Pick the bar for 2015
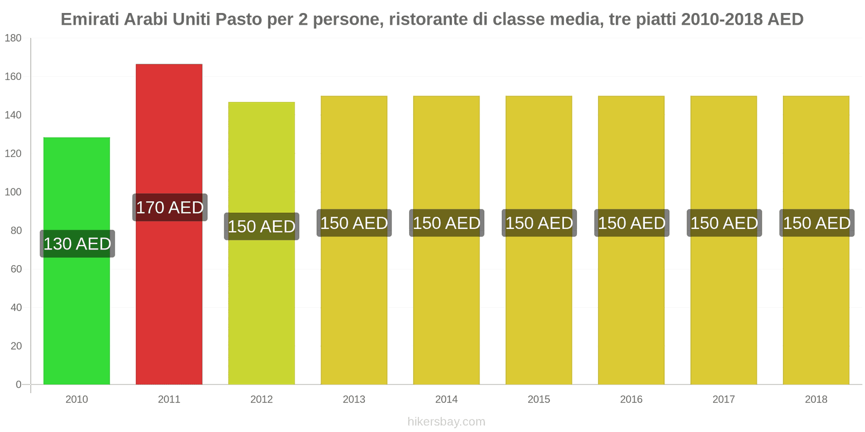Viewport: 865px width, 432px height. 538,302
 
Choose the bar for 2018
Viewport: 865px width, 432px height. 816,302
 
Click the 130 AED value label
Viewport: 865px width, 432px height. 77,244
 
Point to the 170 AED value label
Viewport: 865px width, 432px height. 170,207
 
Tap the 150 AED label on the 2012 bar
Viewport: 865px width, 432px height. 262,226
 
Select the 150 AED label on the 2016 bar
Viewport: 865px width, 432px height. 631,223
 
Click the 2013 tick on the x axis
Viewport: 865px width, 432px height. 354,399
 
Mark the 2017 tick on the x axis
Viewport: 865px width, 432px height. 723,399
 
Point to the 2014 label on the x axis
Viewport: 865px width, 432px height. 446,399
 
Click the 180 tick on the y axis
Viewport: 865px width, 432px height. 13,38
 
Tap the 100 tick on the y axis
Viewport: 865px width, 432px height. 13,192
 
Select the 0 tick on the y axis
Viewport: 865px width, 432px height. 18,384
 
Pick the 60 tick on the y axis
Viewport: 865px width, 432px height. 16,269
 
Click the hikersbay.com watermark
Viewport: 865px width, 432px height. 446,421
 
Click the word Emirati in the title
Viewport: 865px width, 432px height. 90,19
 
